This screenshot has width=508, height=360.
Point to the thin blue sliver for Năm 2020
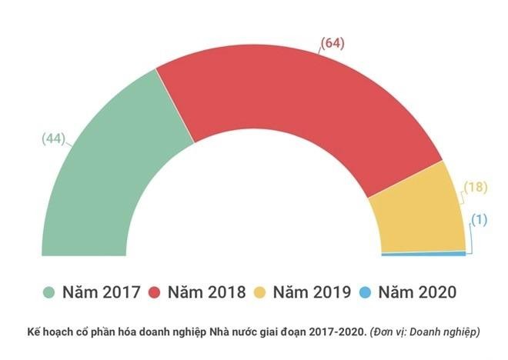pyautogui.click(x=423, y=253)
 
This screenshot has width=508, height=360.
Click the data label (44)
pyautogui.click(x=53, y=139)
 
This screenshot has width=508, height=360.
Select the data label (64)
pyautogui.click(x=332, y=43)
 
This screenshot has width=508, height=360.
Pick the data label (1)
pyautogui.click(x=480, y=220)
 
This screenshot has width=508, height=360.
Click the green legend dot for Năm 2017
pyautogui.click(x=49, y=292)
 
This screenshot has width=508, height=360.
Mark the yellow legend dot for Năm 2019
pyautogui.click(x=260, y=292)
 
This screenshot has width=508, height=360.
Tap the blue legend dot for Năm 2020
pyautogui.click(x=366, y=292)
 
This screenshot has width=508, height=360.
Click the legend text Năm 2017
pyautogui.click(x=102, y=292)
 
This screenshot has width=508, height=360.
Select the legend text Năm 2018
pyautogui.click(x=207, y=292)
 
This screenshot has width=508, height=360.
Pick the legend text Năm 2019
pyautogui.click(x=312, y=292)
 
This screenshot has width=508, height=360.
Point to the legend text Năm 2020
pyautogui.click(x=418, y=292)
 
